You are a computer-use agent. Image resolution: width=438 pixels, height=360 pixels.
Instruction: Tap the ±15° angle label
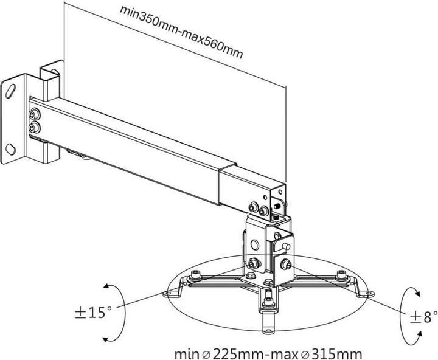pos(92,313)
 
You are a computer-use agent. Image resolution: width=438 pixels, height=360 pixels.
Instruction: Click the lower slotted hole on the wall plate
pos(12,148)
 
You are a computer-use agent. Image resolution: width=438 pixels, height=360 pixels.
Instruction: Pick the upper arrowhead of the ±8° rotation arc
pos(416,292)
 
